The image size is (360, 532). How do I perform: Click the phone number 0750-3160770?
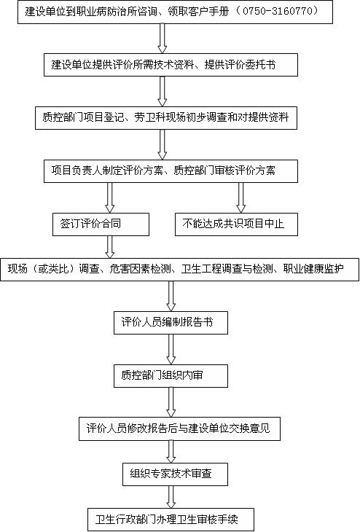click(x=276, y=11)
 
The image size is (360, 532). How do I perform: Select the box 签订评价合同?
click(x=101, y=224)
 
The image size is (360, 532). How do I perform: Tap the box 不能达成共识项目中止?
click(x=236, y=224)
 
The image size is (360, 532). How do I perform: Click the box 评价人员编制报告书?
click(x=171, y=323)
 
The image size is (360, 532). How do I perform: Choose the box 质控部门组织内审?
click(x=171, y=376)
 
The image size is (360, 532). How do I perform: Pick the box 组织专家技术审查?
click(x=175, y=474)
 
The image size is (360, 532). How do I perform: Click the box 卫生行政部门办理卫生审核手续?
click(x=171, y=520)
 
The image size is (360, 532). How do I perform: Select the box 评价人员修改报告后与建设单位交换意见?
click(x=179, y=429)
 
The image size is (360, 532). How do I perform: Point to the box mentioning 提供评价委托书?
click(x=171, y=65)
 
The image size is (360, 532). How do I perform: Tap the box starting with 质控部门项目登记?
click(x=166, y=118)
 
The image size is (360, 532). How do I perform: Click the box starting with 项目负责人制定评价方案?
click(x=171, y=171)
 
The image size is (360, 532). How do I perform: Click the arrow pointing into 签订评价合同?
click(x=109, y=197)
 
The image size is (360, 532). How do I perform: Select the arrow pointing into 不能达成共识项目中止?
click(x=241, y=197)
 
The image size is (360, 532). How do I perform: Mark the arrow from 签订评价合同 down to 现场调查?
click(x=109, y=247)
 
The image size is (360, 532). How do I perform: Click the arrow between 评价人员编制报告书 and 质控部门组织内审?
click(x=171, y=350)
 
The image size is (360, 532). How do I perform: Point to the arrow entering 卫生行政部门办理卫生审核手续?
click(x=171, y=497)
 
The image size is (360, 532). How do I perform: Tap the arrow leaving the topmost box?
click(x=163, y=39)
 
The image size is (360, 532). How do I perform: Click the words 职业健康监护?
click(x=313, y=270)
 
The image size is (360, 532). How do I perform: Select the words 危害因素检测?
click(x=140, y=270)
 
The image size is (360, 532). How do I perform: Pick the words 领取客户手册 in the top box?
click(x=198, y=12)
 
